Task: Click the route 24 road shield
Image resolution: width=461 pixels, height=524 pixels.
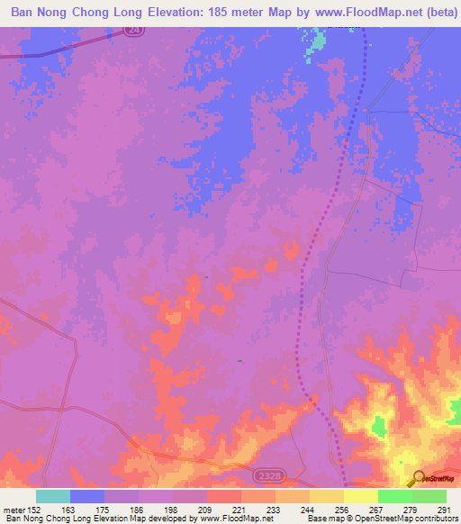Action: pyautogui.click(x=131, y=29)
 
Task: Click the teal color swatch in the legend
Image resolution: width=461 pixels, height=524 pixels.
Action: pyautogui.click(x=53, y=496)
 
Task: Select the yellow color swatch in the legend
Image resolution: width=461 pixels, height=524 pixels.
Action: pyautogui.click(x=361, y=496)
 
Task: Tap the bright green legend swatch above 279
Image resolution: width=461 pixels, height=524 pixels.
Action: pyautogui.click(x=395, y=496)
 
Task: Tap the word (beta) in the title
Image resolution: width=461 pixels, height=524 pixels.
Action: pyautogui.click(x=436, y=12)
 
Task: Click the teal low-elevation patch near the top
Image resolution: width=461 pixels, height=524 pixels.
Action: pyautogui.click(x=316, y=41)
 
